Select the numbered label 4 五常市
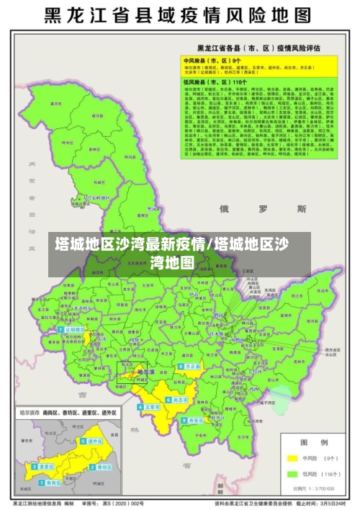click(150, 407)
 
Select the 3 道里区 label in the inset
click(45, 466)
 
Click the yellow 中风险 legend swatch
click(292, 457)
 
